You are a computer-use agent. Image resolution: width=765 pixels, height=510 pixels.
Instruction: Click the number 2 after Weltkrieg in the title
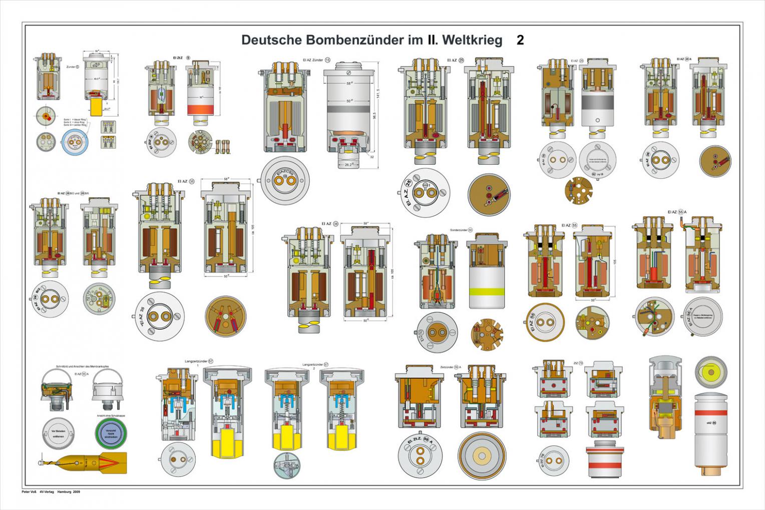pyautogui.click(x=520, y=41)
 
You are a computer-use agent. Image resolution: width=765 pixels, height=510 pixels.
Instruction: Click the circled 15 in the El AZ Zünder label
pyautogui.click(x=327, y=60)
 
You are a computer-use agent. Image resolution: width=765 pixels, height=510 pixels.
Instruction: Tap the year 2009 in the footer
pyautogui.click(x=76, y=492)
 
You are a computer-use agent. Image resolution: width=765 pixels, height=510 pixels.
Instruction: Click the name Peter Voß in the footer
pyautogui.click(x=30, y=492)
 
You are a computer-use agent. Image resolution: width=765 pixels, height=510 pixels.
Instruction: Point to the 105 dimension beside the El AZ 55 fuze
pyautogui.click(x=615, y=261)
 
